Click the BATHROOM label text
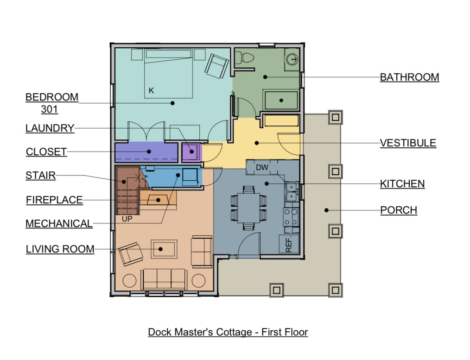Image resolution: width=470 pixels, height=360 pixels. pos(409,77)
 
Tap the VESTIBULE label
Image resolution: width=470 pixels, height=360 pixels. pos(408,143)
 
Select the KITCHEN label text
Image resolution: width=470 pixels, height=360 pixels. pos(402,183)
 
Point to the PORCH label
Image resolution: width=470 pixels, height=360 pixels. pos(399,210)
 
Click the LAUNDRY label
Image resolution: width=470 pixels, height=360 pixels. pos(50,128)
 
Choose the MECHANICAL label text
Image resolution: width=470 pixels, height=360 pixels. pos(59,223)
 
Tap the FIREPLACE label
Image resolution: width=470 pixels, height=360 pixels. pos(54,200)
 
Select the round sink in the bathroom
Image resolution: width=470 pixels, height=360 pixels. pos(292,59)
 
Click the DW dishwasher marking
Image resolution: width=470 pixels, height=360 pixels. pos(262,167)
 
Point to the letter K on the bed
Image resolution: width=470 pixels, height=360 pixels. pos(152,90)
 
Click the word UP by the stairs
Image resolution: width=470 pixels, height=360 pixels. pos(127,219)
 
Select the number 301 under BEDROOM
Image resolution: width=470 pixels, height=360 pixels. pos(50,109)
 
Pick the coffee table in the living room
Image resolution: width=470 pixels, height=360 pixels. pos(164,249)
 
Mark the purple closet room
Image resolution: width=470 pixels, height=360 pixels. pos(146,152)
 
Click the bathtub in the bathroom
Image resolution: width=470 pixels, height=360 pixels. pos(281,101)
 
